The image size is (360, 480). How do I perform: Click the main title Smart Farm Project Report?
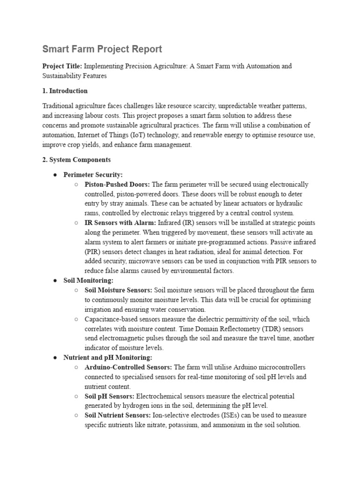[x=102, y=49]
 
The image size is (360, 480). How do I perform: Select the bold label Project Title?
[x=62, y=66]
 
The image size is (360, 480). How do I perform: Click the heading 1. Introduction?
[x=65, y=91]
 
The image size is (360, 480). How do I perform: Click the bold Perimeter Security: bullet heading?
[x=93, y=175]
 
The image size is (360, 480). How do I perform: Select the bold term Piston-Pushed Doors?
[x=117, y=185]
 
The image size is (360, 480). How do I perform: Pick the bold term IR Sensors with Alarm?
[x=120, y=223]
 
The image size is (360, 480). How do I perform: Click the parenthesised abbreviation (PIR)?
[x=93, y=252]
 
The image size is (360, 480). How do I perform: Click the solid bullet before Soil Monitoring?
[x=55, y=280]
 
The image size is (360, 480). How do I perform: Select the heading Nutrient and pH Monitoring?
[x=101, y=357]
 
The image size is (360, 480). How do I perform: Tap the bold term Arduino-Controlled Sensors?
[x=128, y=367]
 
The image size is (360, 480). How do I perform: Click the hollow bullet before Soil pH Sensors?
[x=76, y=396]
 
